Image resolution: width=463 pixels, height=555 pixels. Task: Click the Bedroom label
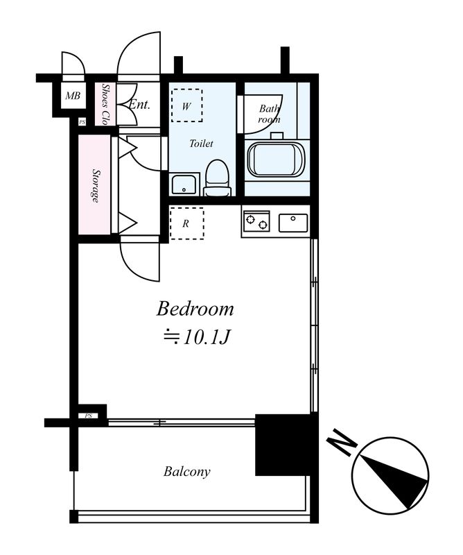195,309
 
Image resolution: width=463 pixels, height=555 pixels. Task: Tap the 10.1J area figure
207,337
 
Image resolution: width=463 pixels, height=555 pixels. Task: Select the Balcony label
186,472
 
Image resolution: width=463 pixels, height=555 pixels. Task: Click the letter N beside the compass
341,442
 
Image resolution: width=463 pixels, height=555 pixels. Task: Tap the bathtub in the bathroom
276,159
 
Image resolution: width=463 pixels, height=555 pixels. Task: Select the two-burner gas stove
256,221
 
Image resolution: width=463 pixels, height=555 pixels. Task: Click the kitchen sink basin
293,223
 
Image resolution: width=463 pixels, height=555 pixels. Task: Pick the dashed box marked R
186,223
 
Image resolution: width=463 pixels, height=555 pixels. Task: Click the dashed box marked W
186,105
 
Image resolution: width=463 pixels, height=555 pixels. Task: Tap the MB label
73,96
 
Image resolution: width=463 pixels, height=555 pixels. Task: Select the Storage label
95,185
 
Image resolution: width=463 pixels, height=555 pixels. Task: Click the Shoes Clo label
105,104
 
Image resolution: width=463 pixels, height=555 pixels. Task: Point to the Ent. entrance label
139,105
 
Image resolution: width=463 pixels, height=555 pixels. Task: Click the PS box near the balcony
89,416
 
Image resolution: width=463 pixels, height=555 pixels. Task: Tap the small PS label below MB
82,122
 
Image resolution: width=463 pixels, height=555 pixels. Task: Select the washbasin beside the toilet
184,184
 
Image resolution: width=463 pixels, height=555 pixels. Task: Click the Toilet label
201,144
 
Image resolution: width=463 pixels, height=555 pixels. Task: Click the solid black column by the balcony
283,445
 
